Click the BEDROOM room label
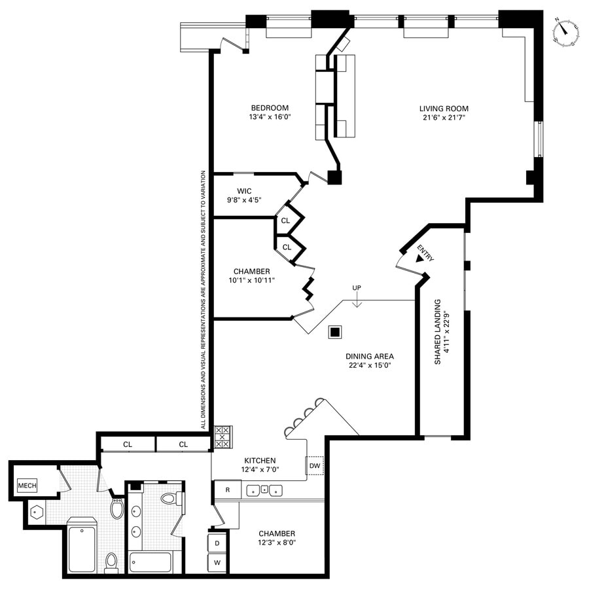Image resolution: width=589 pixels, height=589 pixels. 269,108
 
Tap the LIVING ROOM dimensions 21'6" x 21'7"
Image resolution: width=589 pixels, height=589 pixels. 444,118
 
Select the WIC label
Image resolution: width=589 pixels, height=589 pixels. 245,191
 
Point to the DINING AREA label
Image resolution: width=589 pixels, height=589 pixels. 370,357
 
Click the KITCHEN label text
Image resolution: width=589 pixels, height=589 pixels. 260,460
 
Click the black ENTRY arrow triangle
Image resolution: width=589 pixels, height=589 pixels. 419,258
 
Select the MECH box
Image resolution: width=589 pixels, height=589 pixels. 27,485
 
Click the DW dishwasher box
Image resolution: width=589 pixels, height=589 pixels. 315,465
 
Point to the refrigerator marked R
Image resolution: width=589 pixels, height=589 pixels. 227,490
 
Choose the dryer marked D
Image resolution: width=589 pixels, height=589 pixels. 217,542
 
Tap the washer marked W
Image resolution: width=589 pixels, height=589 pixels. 217,562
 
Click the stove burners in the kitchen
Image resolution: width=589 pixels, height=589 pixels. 223,437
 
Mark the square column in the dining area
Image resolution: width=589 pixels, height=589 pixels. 334,332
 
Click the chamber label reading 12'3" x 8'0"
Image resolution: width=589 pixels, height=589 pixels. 276,538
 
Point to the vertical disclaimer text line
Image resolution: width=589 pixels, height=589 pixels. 204,300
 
